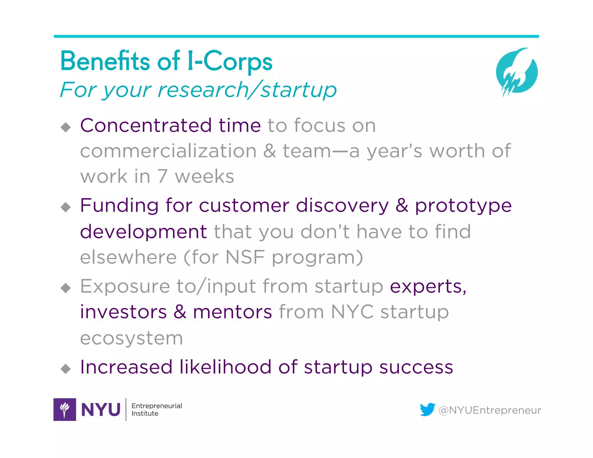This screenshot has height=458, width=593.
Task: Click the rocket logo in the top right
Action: pos(517,72)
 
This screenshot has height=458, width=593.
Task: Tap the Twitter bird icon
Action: pos(427,409)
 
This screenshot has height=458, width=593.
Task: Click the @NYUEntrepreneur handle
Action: pos(490,410)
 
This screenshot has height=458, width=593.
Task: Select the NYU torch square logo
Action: pos(65,409)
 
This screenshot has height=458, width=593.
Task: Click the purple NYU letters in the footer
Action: pos(101,410)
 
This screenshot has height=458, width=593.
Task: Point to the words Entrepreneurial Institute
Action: pos(156,409)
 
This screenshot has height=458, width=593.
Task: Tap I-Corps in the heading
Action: pos(230,61)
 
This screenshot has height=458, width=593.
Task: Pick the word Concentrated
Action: pos(146,125)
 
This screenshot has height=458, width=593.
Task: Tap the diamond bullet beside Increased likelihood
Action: pos(66,369)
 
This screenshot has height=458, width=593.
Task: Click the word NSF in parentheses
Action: pos(245,257)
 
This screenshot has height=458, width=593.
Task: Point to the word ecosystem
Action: pos(131,338)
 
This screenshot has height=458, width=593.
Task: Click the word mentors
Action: pos(233,312)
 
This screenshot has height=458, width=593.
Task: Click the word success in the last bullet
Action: pos(416,367)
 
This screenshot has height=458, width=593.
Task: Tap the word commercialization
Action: pos(168,151)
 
